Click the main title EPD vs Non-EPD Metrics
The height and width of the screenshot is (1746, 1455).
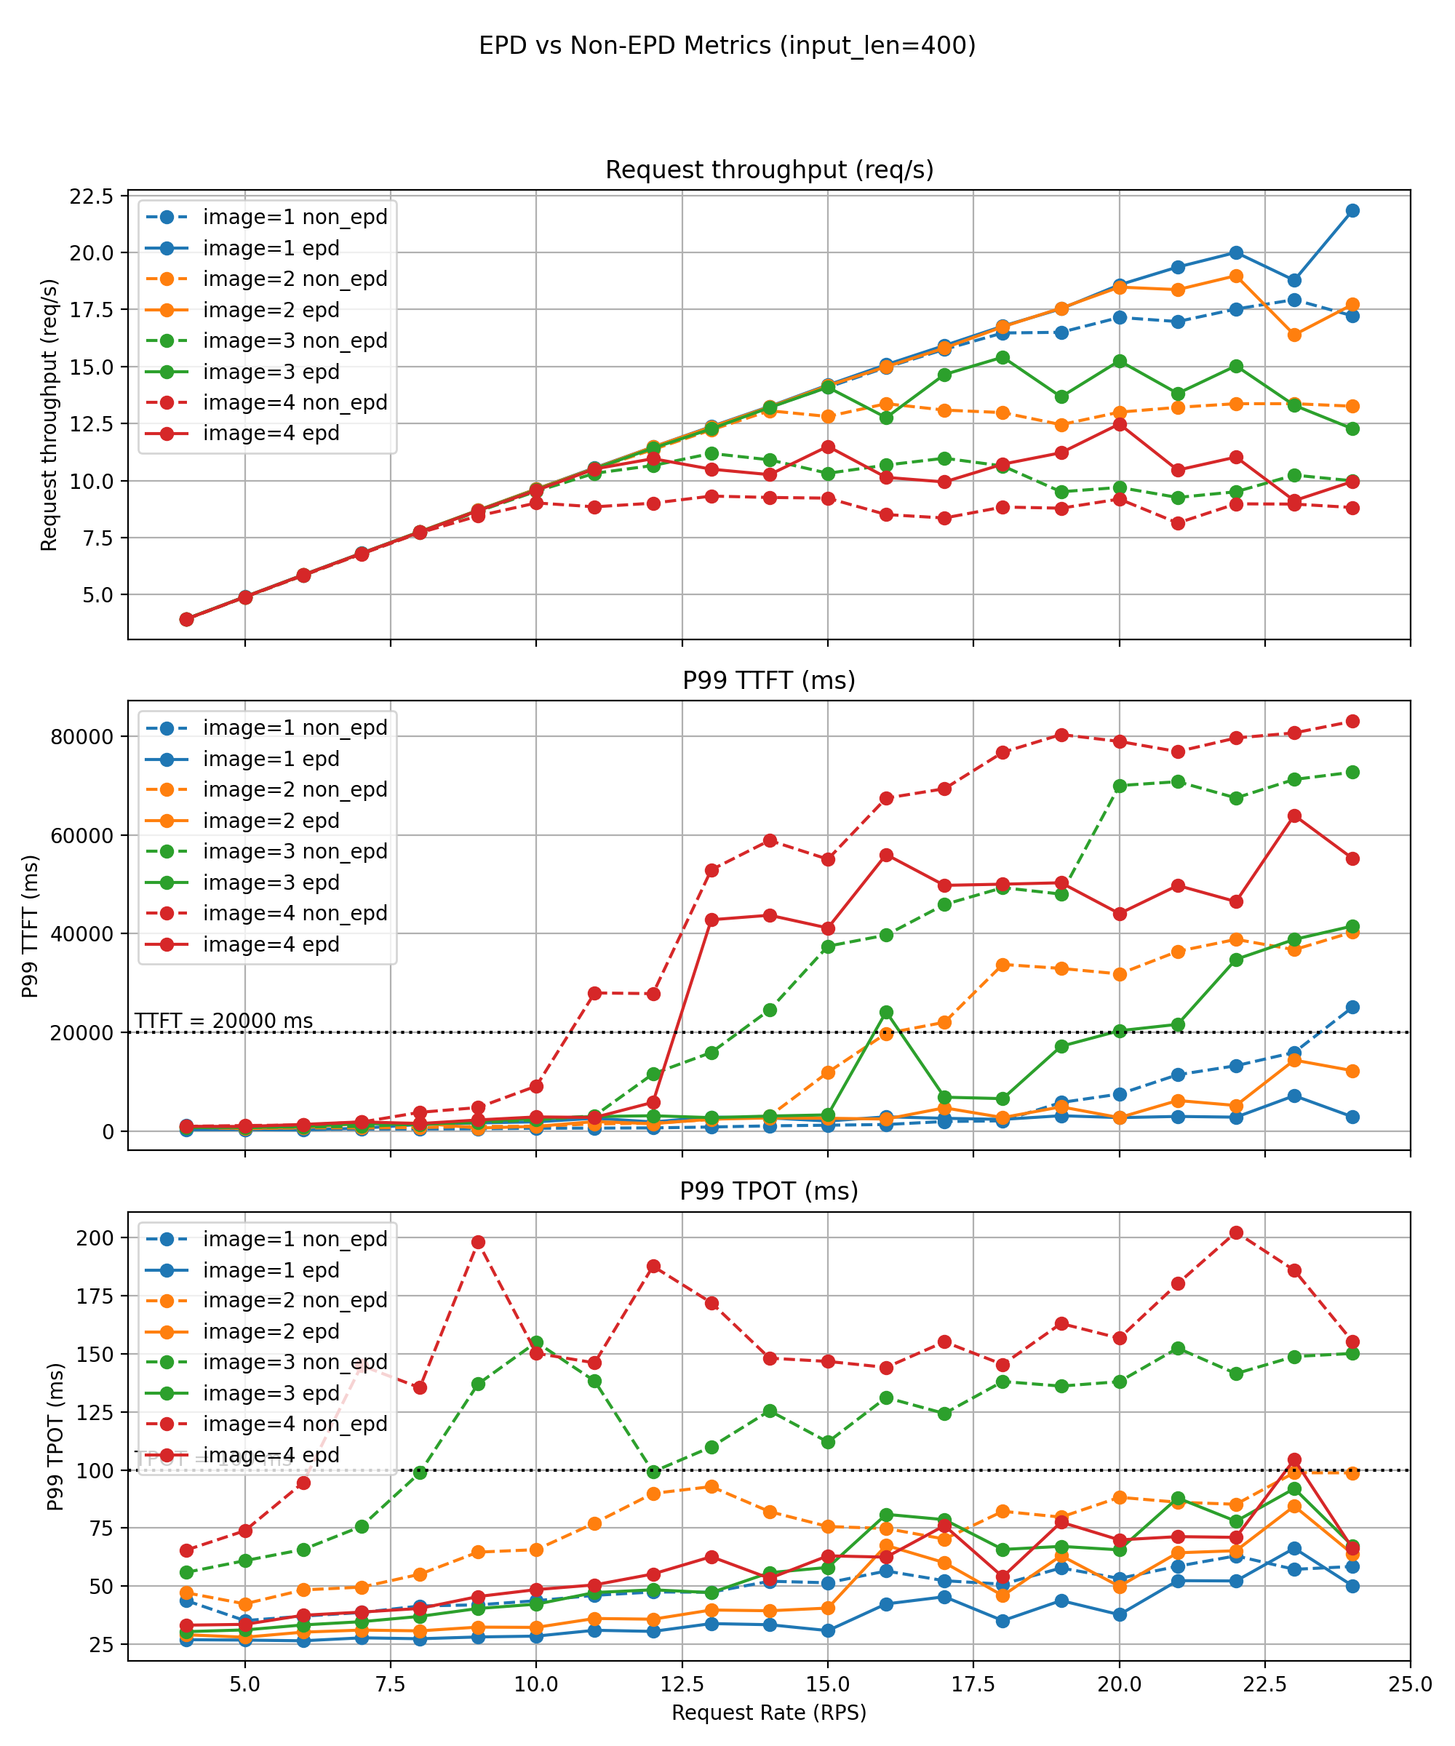pyautogui.click(x=727, y=45)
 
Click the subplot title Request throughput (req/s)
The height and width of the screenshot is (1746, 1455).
pyautogui.click(x=769, y=170)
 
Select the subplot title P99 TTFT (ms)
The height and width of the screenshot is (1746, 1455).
pyautogui.click(x=769, y=680)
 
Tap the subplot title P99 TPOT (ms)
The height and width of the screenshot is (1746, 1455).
pyautogui.click(x=769, y=1191)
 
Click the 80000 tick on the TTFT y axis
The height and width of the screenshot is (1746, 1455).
pyautogui.click(x=81, y=737)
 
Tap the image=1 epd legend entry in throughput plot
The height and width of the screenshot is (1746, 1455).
pyautogui.click(x=270, y=248)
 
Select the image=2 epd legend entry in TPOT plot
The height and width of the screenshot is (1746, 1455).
pyautogui.click(x=270, y=1331)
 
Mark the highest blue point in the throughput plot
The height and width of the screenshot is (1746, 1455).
pyautogui.click(x=1352, y=210)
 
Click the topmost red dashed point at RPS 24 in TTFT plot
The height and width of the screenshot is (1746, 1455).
pyautogui.click(x=1352, y=721)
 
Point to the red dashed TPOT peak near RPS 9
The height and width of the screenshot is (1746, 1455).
pyautogui.click(x=478, y=1242)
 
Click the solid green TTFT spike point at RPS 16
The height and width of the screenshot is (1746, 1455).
pyautogui.click(x=886, y=1013)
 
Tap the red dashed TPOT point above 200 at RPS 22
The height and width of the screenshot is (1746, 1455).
pyautogui.click(x=1236, y=1232)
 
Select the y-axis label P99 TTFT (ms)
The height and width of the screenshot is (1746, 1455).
pyautogui.click(x=30, y=925)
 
